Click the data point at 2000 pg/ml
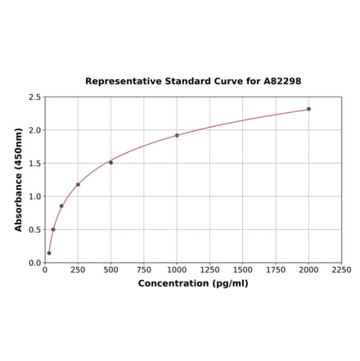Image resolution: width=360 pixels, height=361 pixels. (x=308, y=109)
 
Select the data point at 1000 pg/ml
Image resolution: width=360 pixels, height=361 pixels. (x=177, y=135)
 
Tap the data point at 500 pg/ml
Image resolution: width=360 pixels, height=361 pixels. (x=110, y=162)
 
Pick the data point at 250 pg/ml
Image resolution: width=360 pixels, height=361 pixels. (x=78, y=184)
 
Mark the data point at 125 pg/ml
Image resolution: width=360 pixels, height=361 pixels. (x=61, y=205)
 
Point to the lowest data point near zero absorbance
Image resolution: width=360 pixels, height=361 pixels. (x=49, y=253)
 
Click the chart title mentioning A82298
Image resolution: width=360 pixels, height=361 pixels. (x=193, y=82)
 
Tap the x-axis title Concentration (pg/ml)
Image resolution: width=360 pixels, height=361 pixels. (x=193, y=283)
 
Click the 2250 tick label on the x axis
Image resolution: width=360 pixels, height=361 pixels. (x=341, y=269)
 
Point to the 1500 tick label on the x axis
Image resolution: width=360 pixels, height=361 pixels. (x=242, y=269)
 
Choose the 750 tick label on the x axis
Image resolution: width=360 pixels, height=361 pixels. (x=143, y=269)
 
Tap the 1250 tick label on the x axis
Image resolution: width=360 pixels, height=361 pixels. (x=209, y=269)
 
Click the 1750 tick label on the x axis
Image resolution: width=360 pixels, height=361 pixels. (x=276, y=269)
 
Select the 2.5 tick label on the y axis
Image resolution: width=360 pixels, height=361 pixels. (x=35, y=97)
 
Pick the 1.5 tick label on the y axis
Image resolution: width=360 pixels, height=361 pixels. (x=35, y=164)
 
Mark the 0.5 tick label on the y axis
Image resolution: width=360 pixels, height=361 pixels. (x=35, y=230)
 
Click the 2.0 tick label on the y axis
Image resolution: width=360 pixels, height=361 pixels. (x=35, y=130)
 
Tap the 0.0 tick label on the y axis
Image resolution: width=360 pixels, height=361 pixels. (x=35, y=263)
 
